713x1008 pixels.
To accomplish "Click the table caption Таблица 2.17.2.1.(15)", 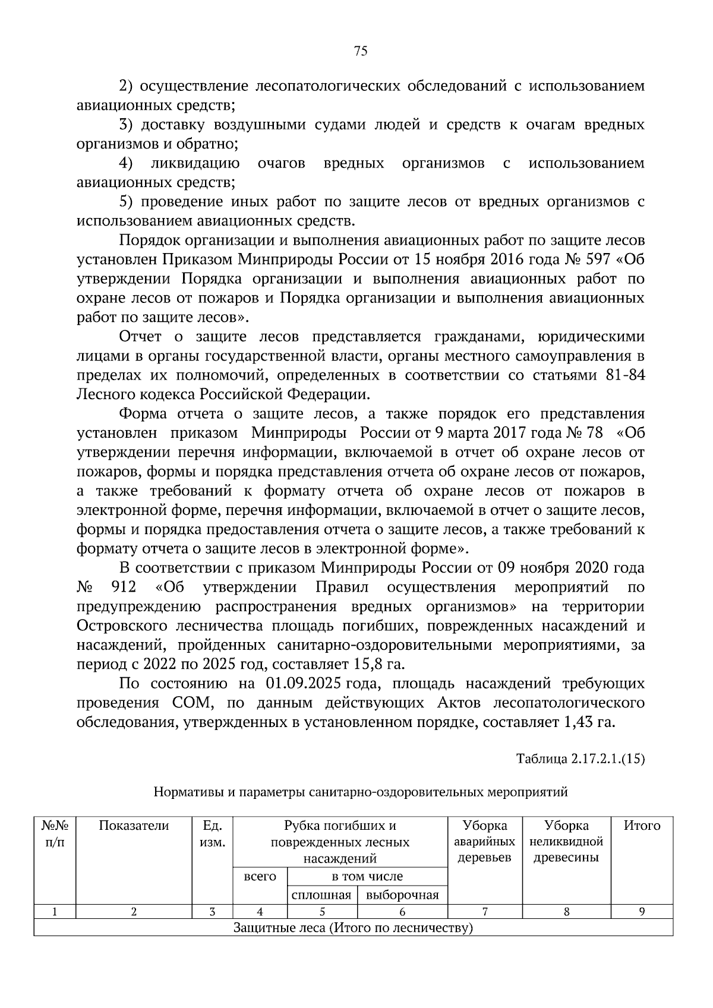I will [581, 759].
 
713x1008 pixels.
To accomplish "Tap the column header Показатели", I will [134, 825].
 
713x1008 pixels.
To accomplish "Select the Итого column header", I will [642, 825].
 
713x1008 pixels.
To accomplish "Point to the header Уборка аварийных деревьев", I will [485, 841].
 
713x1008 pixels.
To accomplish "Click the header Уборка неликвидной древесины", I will [566, 841].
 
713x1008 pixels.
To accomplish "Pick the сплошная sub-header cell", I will [321, 895].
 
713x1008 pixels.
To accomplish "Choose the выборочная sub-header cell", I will [402, 895].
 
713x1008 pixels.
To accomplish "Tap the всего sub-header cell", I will [260, 876].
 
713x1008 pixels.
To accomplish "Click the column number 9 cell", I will [642, 912].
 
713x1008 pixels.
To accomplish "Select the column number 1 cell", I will [55, 912].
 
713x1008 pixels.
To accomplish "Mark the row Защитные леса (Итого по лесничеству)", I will [353, 928].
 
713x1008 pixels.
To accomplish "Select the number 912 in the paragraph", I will [124, 587].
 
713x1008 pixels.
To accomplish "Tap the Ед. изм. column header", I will [212, 833].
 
